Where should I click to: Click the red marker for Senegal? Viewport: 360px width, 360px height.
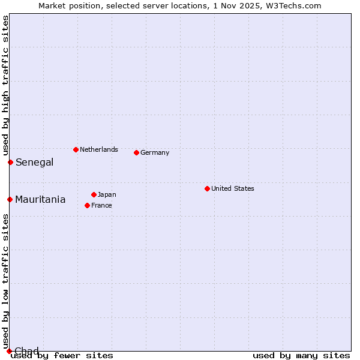(x=10, y=162)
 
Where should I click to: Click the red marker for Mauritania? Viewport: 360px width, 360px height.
(x=10, y=199)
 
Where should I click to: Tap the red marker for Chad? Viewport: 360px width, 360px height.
(x=8, y=351)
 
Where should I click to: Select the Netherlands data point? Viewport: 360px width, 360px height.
(x=76, y=149)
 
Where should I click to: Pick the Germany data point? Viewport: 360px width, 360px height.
(x=136, y=152)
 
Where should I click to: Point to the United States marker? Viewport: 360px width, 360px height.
(x=207, y=188)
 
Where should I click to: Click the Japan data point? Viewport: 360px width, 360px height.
(x=94, y=194)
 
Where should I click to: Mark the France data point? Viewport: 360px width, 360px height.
(x=87, y=205)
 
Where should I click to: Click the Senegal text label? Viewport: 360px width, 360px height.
(x=34, y=162)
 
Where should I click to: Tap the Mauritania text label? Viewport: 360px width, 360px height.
(x=40, y=200)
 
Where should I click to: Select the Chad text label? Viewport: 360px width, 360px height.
(x=26, y=351)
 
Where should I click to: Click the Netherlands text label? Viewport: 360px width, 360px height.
(x=98, y=149)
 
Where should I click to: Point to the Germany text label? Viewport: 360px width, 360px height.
(x=155, y=152)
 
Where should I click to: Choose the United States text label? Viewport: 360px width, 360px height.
(x=232, y=188)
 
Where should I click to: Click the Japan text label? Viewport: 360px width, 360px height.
(x=107, y=194)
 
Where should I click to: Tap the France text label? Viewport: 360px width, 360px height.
(x=101, y=205)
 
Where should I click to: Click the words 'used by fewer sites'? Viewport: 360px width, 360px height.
(x=62, y=356)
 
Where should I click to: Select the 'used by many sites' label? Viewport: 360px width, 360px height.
(x=301, y=356)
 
